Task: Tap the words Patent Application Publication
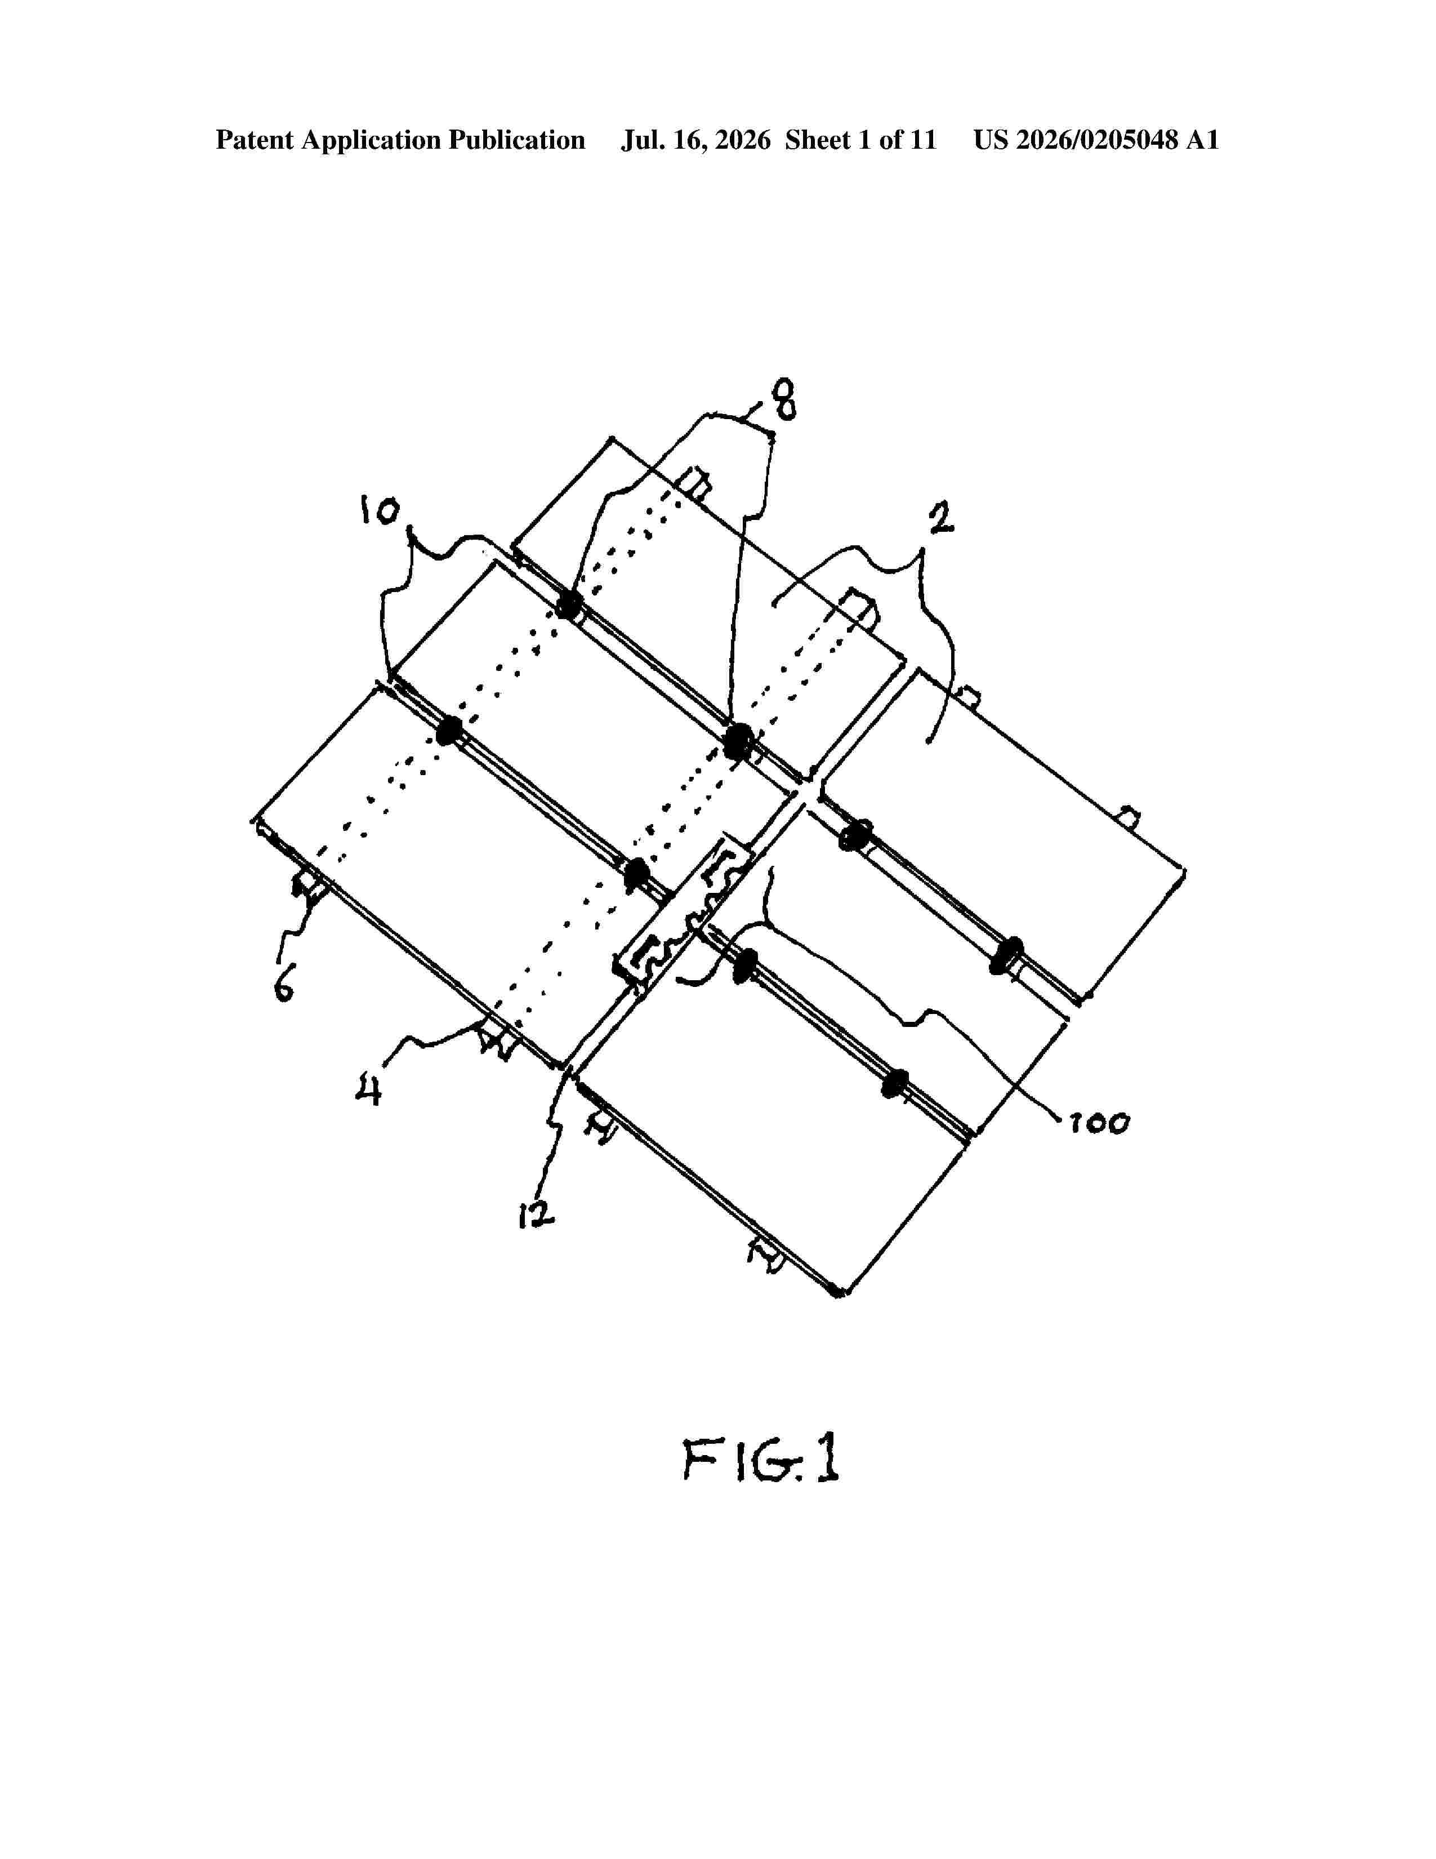click(401, 140)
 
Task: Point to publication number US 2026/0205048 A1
click(1096, 140)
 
